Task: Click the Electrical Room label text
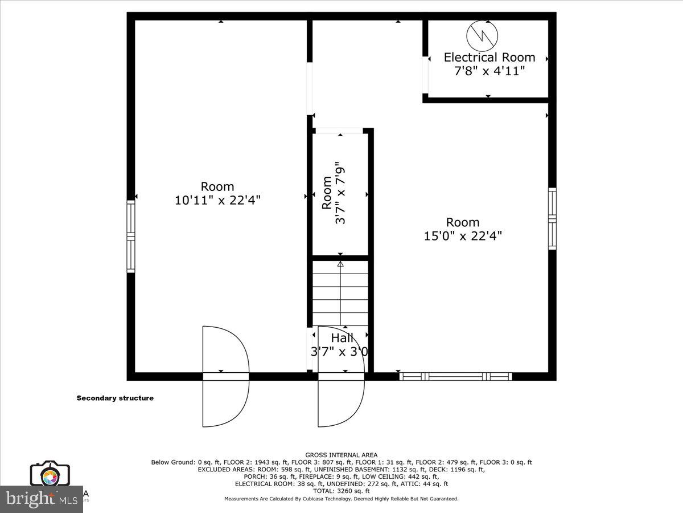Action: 489,57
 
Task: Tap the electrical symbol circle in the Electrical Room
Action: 482,36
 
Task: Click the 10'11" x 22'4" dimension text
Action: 217,200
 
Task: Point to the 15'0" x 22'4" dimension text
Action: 463,235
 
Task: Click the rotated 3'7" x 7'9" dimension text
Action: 341,193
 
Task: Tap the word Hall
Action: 342,338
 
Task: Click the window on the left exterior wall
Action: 131,236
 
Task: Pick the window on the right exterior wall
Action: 552,218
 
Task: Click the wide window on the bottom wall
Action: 455,376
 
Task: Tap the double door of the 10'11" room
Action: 226,376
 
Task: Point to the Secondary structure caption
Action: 115,398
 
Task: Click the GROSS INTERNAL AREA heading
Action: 341,455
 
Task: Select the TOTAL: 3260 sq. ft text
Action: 341,491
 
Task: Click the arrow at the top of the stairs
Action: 340,264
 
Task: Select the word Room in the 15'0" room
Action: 463,222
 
